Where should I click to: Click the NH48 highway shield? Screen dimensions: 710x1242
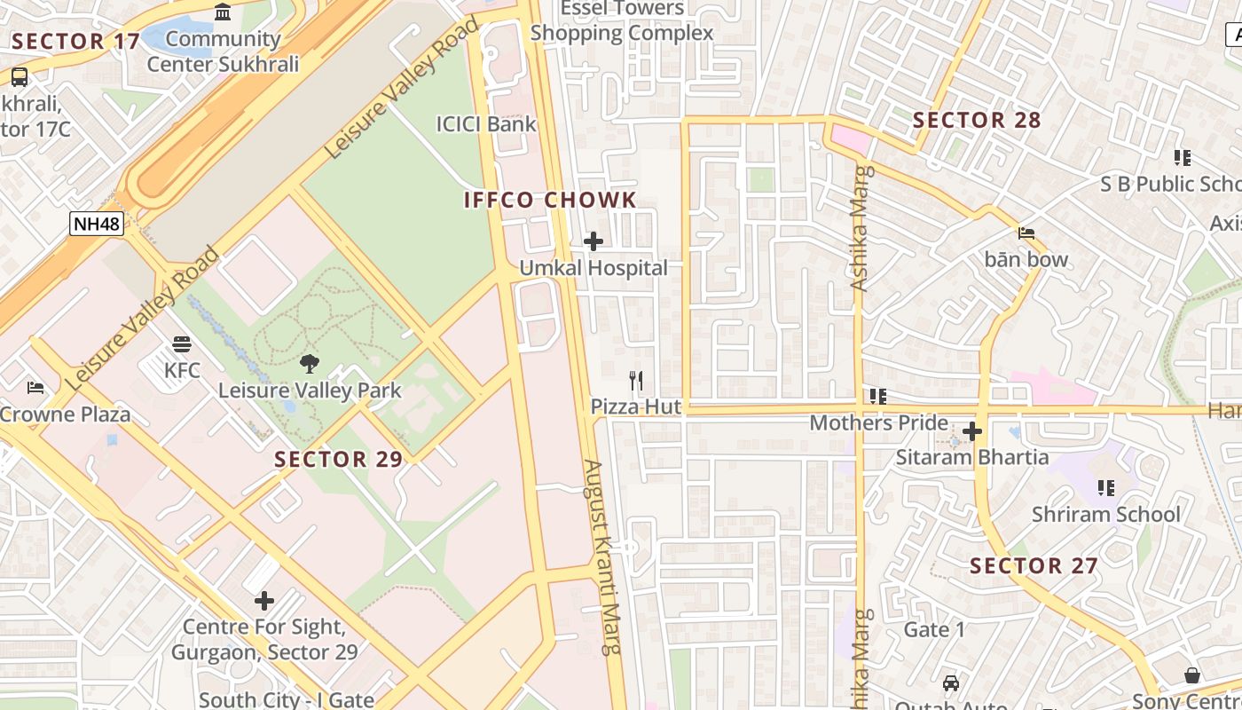[96, 224]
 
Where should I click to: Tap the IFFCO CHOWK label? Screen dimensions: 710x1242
[550, 200]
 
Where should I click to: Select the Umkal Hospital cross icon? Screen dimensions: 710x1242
[593, 241]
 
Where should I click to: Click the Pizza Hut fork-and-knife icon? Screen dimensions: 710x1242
[636, 382]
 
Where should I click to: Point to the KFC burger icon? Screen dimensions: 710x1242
[182, 344]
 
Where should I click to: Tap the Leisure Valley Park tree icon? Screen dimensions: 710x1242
[310, 363]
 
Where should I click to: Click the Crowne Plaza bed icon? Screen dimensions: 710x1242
[35, 388]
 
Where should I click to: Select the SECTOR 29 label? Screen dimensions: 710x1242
[338, 459]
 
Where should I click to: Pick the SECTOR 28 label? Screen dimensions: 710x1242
[976, 120]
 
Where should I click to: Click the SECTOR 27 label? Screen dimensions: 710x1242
[1034, 565]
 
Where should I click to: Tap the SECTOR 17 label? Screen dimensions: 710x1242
[76, 41]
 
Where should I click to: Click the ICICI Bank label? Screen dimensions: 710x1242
[486, 123]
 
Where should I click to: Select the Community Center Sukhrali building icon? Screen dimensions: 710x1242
[223, 13]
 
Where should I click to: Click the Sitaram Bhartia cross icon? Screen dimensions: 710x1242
[972, 432]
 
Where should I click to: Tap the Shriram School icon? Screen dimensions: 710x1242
[1105, 487]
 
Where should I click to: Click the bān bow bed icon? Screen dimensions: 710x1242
[1026, 233]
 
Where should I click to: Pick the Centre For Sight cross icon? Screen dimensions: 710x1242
[264, 601]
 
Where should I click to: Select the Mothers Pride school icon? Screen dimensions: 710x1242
[878, 396]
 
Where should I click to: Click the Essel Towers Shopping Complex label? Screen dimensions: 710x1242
[621, 21]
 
